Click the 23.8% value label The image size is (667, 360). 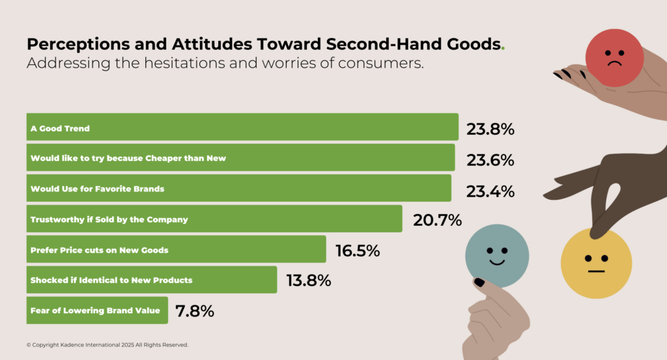[490, 130]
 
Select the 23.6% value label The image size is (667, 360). [490, 160]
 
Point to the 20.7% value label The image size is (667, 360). [437, 221]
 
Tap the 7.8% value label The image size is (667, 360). [194, 311]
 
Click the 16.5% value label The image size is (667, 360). [358, 251]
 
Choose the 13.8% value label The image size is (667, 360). [309, 281]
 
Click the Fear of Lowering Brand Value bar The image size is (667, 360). [97, 311]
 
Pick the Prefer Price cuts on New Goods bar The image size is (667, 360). [176, 249]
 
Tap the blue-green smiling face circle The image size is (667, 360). [496, 255]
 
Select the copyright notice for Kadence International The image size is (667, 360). [107, 344]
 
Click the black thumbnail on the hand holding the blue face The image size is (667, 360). [479, 283]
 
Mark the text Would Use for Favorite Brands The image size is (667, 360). [97, 189]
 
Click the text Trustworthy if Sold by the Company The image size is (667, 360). [109, 219]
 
